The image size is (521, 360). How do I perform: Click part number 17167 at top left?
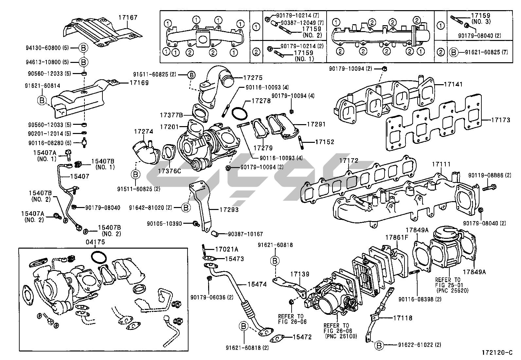click(128, 17)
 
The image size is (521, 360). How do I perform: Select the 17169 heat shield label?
click(139, 83)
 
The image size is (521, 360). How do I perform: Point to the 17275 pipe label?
click(253, 78)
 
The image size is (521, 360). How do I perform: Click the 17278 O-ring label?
click(261, 101)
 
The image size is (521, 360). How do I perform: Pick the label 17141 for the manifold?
click(453, 84)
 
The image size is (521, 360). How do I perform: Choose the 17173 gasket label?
click(500, 120)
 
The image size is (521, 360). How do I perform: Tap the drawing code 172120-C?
click(497, 353)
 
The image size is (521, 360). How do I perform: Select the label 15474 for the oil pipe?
click(257, 285)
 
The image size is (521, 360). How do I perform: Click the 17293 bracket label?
click(229, 210)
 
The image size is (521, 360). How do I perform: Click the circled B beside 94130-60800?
click(83, 48)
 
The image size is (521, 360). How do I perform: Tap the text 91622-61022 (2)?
click(420, 345)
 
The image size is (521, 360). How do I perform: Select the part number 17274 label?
click(143, 131)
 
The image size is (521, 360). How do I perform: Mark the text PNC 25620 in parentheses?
click(453, 290)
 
